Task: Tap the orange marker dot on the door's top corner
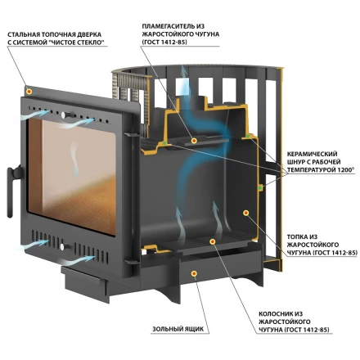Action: click(29, 92)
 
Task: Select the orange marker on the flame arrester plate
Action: click(194, 141)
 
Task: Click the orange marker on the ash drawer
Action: click(194, 273)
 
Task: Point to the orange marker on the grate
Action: click(213, 241)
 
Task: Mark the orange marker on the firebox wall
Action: click(245, 213)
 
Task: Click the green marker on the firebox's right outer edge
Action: click(260, 187)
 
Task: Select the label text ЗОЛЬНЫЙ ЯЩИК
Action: click(178, 329)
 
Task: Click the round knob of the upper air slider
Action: click(63, 115)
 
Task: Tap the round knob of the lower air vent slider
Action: click(62, 247)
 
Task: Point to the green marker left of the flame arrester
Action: click(164, 143)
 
